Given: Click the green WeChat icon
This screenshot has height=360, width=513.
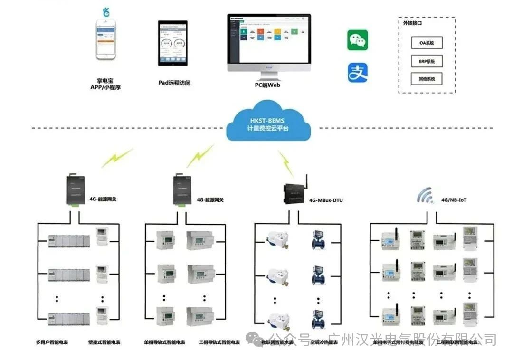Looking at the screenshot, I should coord(358,40).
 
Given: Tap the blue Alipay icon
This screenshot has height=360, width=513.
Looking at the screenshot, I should coord(358,73).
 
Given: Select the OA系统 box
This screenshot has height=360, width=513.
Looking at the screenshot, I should coord(427,43).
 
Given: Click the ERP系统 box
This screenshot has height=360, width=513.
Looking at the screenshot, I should coord(427,61).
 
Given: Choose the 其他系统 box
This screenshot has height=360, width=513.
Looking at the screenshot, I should coord(427,79).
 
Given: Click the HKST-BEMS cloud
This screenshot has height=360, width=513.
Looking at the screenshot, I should coord(268,122).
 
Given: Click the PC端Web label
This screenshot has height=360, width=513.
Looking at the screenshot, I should coord(267,85).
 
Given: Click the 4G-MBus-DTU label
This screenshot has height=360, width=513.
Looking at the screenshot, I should coord(325,200).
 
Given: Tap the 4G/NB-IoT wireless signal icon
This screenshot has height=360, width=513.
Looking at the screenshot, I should coord(425,196).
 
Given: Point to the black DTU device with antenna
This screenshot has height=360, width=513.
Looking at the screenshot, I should coord(295,193).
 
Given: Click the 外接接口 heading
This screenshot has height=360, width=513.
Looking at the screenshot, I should coord(413,22).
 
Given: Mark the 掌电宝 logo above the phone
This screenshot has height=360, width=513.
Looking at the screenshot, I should coord(106,12).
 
